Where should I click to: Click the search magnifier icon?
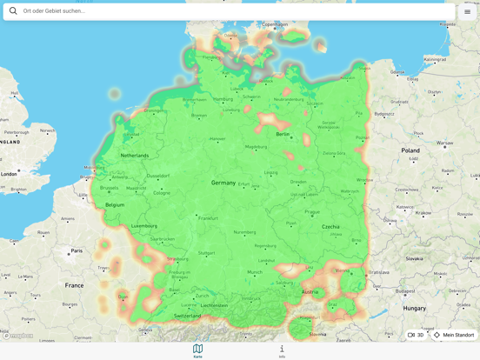pos(13,11)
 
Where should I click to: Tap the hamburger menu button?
pos(467,11)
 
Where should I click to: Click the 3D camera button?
pos(416,335)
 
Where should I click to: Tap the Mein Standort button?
pos(454,335)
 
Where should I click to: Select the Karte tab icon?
pos(197,349)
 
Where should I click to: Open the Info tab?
pos(282,349)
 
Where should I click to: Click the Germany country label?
pos(223,183)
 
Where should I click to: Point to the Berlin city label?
pos(283,134)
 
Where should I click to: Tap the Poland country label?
pos(410,150)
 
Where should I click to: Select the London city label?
pos(9,174)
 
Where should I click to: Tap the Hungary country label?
pos(414,308)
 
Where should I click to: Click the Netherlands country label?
pos(134,156)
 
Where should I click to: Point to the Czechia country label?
pos(330,226)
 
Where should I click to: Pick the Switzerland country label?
pos(187,316)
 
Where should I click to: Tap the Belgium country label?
pos(115,205)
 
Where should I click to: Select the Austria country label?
pos(310,292)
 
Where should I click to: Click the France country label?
pos(74,285)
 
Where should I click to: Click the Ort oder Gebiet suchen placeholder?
pos(54,11)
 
